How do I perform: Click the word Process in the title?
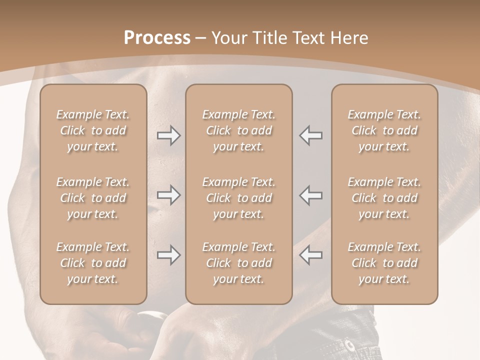(x=157, y=38)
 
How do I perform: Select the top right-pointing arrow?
(x=168, y=135)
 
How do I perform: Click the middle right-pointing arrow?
(x=168, y=195)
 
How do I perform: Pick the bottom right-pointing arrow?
(x=168, y=255)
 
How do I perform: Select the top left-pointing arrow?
(x=311, y=135)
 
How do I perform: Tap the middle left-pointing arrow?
(x=311, y=195)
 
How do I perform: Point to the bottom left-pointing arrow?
(x=311, y=255)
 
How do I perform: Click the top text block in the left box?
(x=93, y=130)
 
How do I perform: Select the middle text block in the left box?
(x=93, y=198)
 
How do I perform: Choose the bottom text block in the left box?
(x=93, y=263)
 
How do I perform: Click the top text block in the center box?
(x=238, y=130)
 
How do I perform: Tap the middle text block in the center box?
(x=238, y=198)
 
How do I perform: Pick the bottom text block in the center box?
(x=238, y=263)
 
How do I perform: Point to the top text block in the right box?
(x=384, y=130)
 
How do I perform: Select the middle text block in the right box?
(x=384, y=198)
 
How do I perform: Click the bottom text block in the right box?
(x=384, y=263)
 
